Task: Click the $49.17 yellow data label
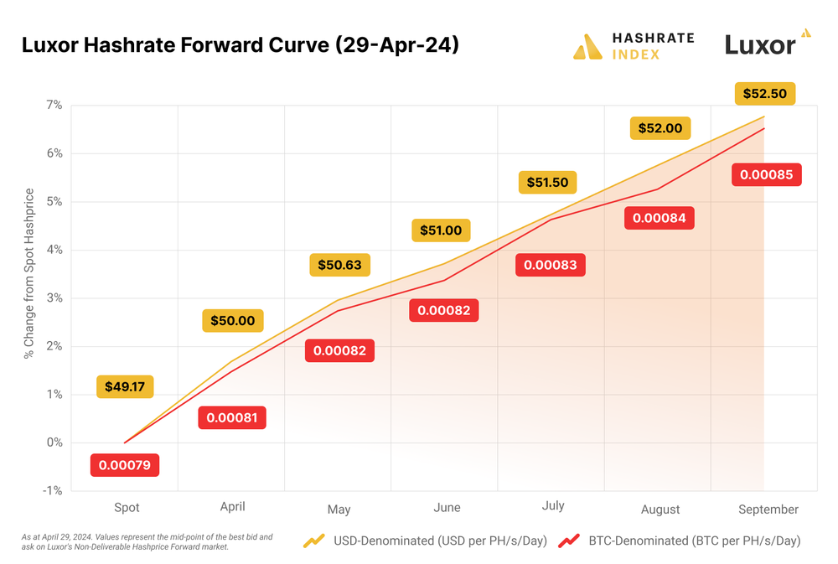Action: click(125, 387)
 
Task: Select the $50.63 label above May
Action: click(339, 265)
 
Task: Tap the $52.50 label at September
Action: click(764, 93)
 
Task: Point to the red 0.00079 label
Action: click(125, 464)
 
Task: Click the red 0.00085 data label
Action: click(767, 175)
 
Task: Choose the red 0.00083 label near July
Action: click(551, 265)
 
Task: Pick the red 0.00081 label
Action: click(232, 417)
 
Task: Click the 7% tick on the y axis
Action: click(54, 105)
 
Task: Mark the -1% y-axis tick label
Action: click(53, 490)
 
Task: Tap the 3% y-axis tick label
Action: click(54, 298)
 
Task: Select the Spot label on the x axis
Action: click(127, 507)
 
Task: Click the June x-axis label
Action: click(447, 508)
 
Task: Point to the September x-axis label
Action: click(768, 509)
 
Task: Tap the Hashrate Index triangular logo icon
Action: click(587, 47)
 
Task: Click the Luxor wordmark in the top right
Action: click(760, 45)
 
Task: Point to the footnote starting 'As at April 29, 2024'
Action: click(147, 541)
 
